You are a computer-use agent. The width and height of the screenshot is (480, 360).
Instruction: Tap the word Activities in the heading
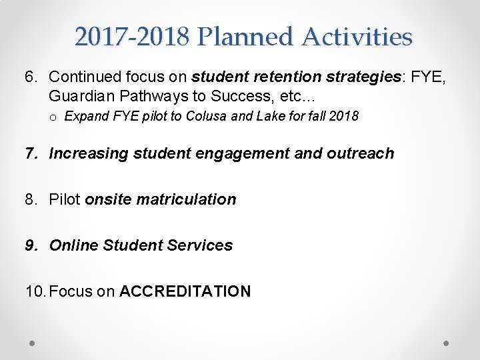tap(357, 37)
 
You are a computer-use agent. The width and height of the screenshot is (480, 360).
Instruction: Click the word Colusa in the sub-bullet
tap(207, 117)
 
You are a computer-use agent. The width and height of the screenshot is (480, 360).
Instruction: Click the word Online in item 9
tap(74, 245)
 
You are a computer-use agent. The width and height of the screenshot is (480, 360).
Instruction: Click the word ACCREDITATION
tap(185, 291)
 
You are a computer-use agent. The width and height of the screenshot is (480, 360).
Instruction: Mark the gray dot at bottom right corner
tap(447, 343)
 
